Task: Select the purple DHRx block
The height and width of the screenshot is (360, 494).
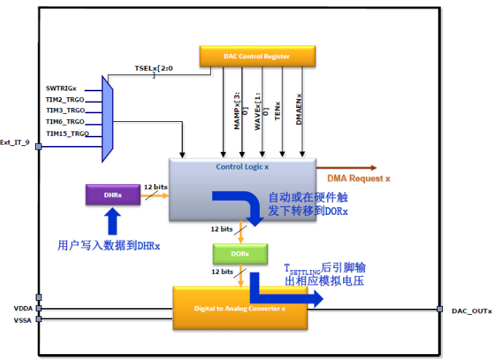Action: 112,195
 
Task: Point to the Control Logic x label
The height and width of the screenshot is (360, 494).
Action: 242,166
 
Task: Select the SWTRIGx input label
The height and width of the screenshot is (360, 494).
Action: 61,88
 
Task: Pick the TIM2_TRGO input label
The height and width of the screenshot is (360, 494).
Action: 65,99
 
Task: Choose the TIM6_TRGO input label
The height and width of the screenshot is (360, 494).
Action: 65,122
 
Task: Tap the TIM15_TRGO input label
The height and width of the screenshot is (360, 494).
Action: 67,134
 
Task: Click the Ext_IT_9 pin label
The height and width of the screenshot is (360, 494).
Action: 15,142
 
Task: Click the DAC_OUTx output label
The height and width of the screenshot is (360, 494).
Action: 467,310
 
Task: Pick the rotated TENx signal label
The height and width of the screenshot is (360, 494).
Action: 277,117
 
